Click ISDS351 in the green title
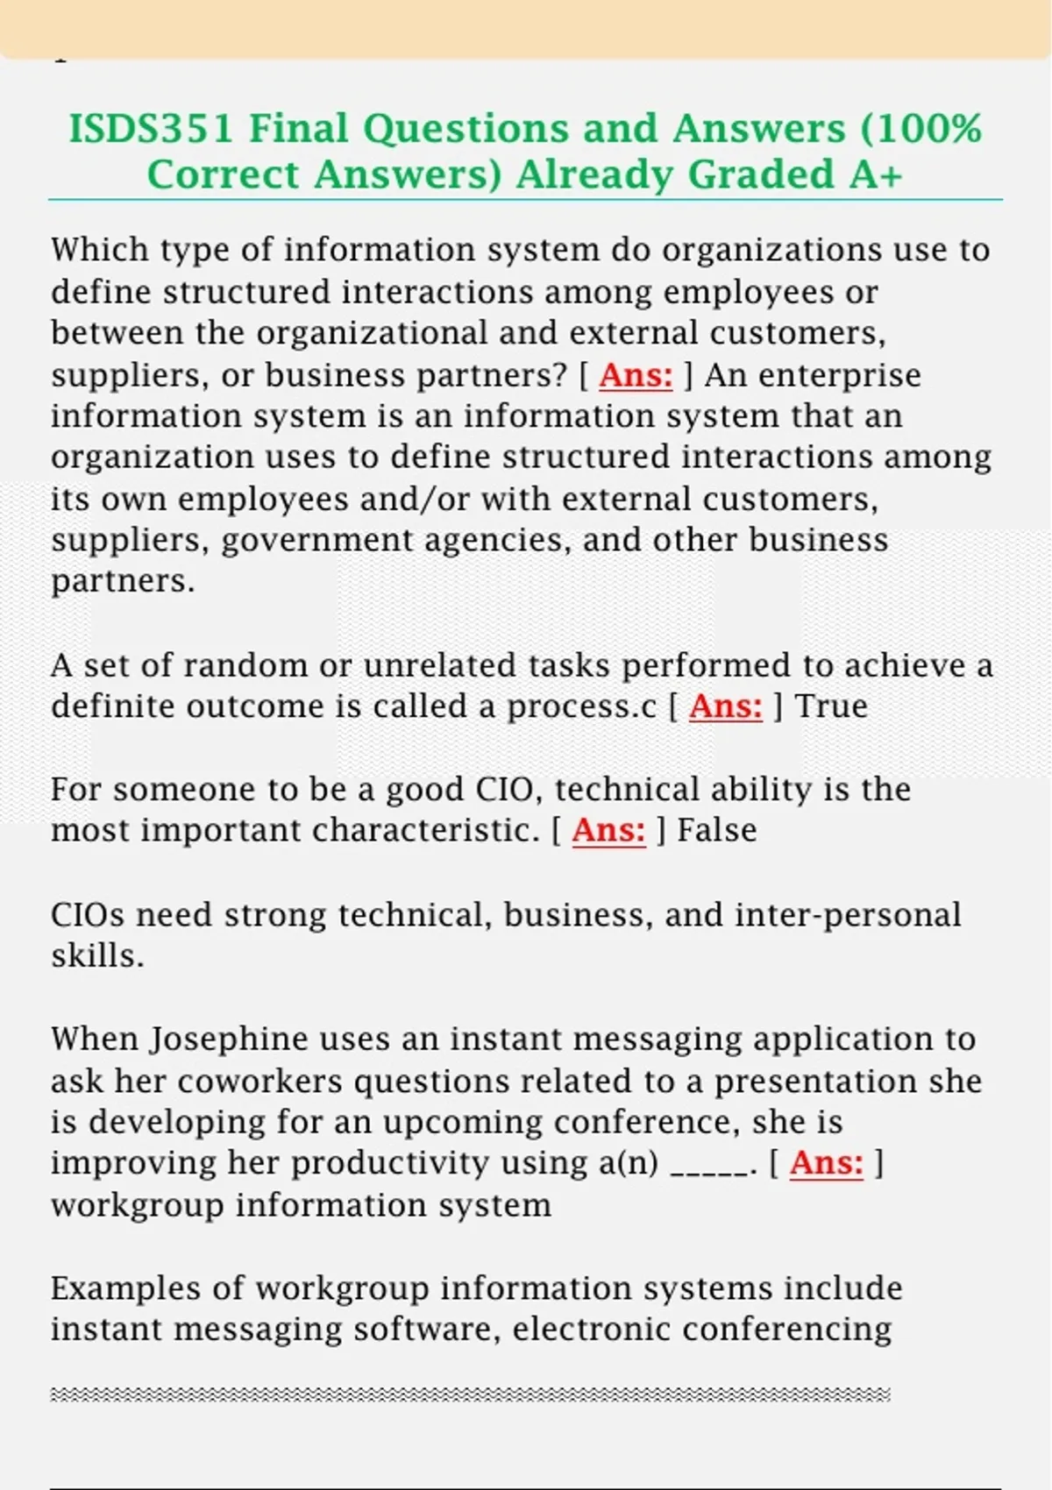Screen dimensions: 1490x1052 click(151, 129)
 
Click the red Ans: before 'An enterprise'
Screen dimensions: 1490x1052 click(636, 375)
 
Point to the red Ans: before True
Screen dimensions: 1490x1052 click(726, 706)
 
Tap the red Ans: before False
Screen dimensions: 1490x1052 click(608, 830)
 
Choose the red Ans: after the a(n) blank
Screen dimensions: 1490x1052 click(826, 1163)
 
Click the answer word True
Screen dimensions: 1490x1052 click(831, 706)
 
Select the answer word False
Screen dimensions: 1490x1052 click(716, 830)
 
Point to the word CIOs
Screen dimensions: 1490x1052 click(88, 915)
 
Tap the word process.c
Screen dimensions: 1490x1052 click(581, 706)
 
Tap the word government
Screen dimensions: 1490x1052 click(316, 541)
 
